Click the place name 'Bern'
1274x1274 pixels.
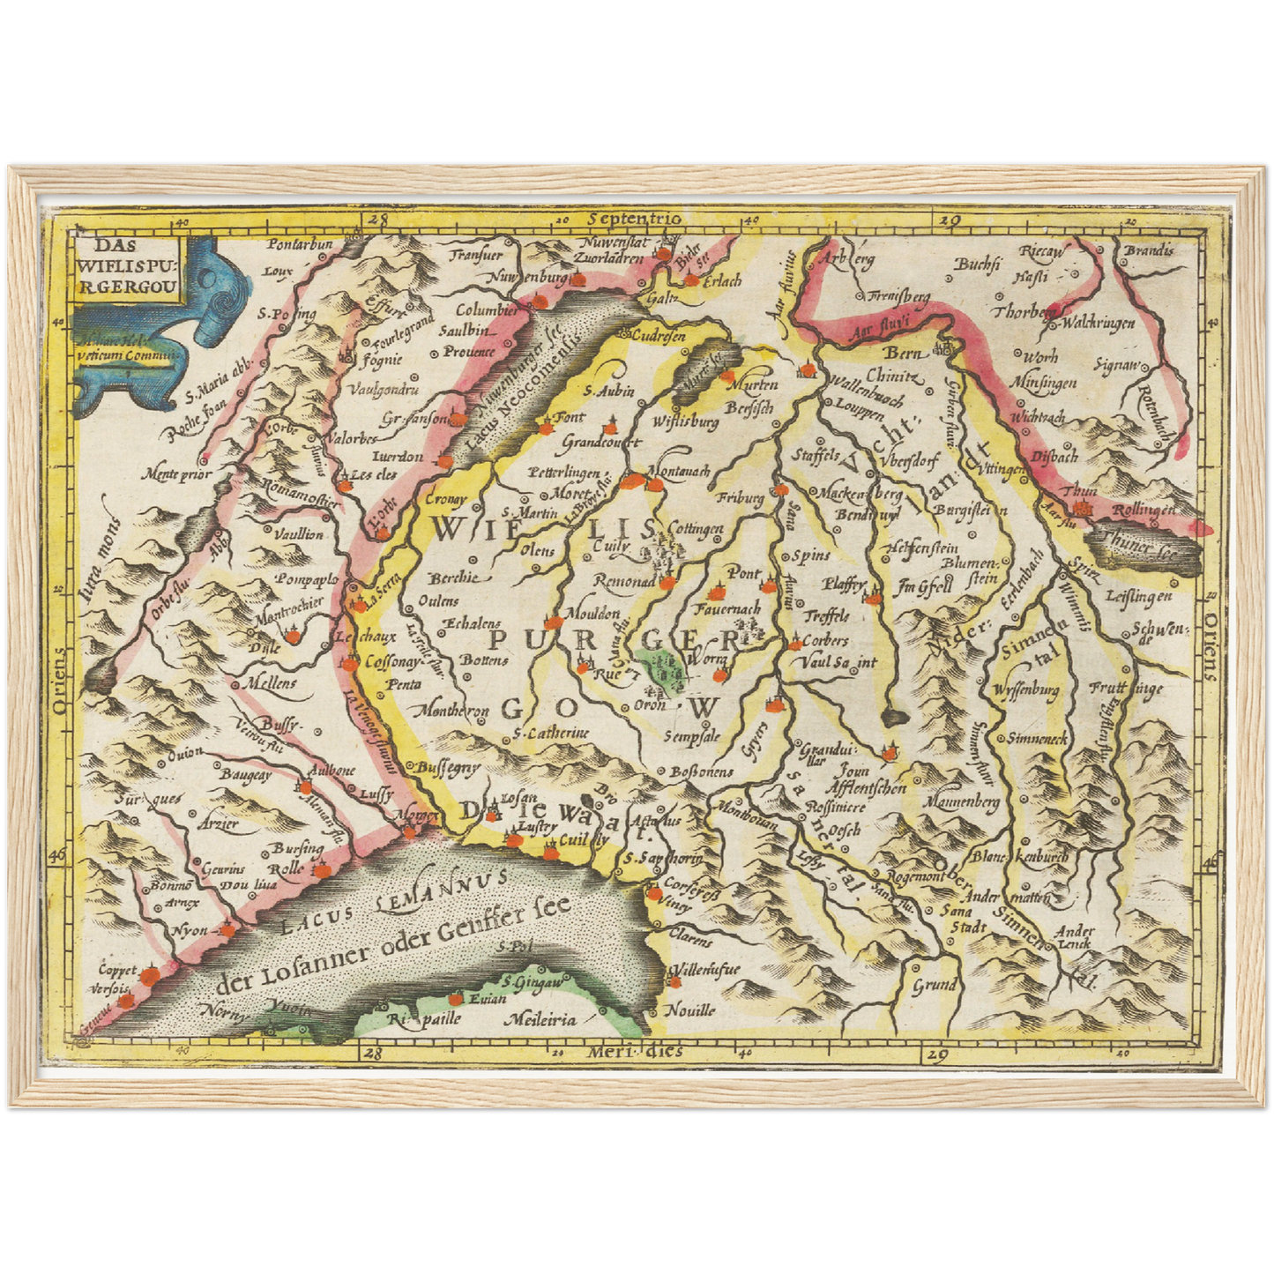902,353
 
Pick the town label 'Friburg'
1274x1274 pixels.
740,498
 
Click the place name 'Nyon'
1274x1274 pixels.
190,930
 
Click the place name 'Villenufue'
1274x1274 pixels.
706,970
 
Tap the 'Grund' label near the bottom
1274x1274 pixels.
935,985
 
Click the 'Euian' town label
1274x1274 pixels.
488,999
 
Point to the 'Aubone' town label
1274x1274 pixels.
331,770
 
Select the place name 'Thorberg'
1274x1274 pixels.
1025,312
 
